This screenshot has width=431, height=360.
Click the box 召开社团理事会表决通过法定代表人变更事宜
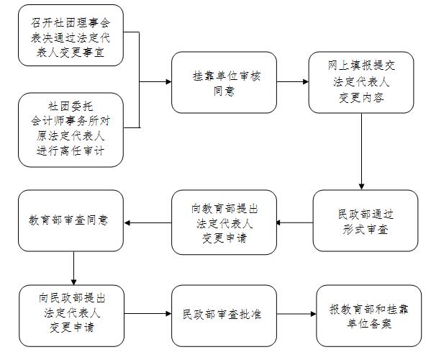click(x=71, y=35)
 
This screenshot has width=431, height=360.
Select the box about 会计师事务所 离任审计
click(x=71, y=130)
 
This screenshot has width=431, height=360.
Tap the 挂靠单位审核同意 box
click(x=224, y=82)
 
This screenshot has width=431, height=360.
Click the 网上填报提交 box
click(x=361, y=82)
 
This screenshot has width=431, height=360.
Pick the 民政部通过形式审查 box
click(x=366, y=220)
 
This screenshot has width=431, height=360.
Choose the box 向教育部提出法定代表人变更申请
click(x=224, y=222)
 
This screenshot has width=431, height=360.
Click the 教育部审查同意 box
click(x=71, y=220)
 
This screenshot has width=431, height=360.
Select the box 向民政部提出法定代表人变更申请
click(x=71, y=316)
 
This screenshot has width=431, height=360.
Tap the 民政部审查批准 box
click(x=224, y=316)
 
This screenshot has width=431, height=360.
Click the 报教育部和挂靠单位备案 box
click(x=369, y=316)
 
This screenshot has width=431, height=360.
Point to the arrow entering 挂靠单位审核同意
click(x=155, y=81)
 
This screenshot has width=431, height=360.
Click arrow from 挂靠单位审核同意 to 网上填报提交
click(x=292, y=81)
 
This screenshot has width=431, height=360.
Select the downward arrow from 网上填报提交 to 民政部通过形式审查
click(x=361, y=151)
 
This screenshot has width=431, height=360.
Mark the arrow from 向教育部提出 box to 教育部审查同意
click(x=148, y=222)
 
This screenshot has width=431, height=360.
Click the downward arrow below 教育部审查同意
click(x=73, y=268)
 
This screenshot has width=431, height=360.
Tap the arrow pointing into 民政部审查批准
click(x=148, y=313)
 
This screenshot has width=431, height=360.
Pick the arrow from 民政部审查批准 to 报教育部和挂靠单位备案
click(x=296, y=314)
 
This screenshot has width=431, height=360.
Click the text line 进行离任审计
click(x=71, y=150)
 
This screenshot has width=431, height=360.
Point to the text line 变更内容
click(x=361, y=98)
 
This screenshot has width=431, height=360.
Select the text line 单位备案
click(x=369, y=323)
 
